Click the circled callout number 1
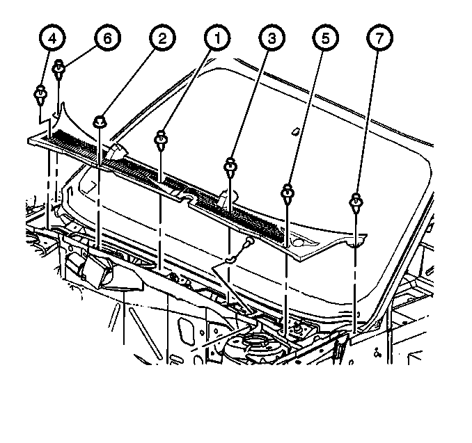217,38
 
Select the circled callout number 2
162,38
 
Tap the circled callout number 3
272,38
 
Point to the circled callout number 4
52,38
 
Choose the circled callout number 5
326,38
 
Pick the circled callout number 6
107,38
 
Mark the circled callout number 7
379,38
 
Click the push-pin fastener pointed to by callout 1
161,140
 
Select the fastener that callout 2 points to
100,122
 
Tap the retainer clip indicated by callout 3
230,167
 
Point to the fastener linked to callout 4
40,95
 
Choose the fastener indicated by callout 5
288,193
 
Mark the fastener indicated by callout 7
356,202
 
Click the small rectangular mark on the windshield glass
295,131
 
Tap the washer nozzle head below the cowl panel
249,241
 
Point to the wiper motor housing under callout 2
91,269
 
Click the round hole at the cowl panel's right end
299,242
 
